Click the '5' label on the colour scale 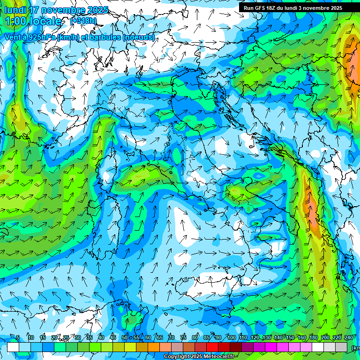click(18, 337)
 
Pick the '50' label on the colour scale click(125, 337)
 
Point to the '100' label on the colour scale click(231, 337)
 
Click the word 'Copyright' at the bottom click(176, 357)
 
